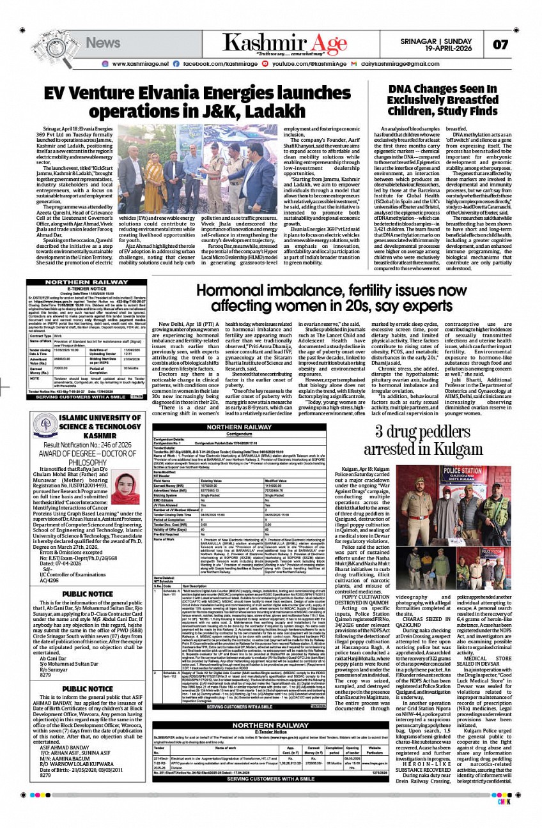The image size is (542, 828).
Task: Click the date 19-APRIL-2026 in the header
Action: [x=456, y=47]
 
